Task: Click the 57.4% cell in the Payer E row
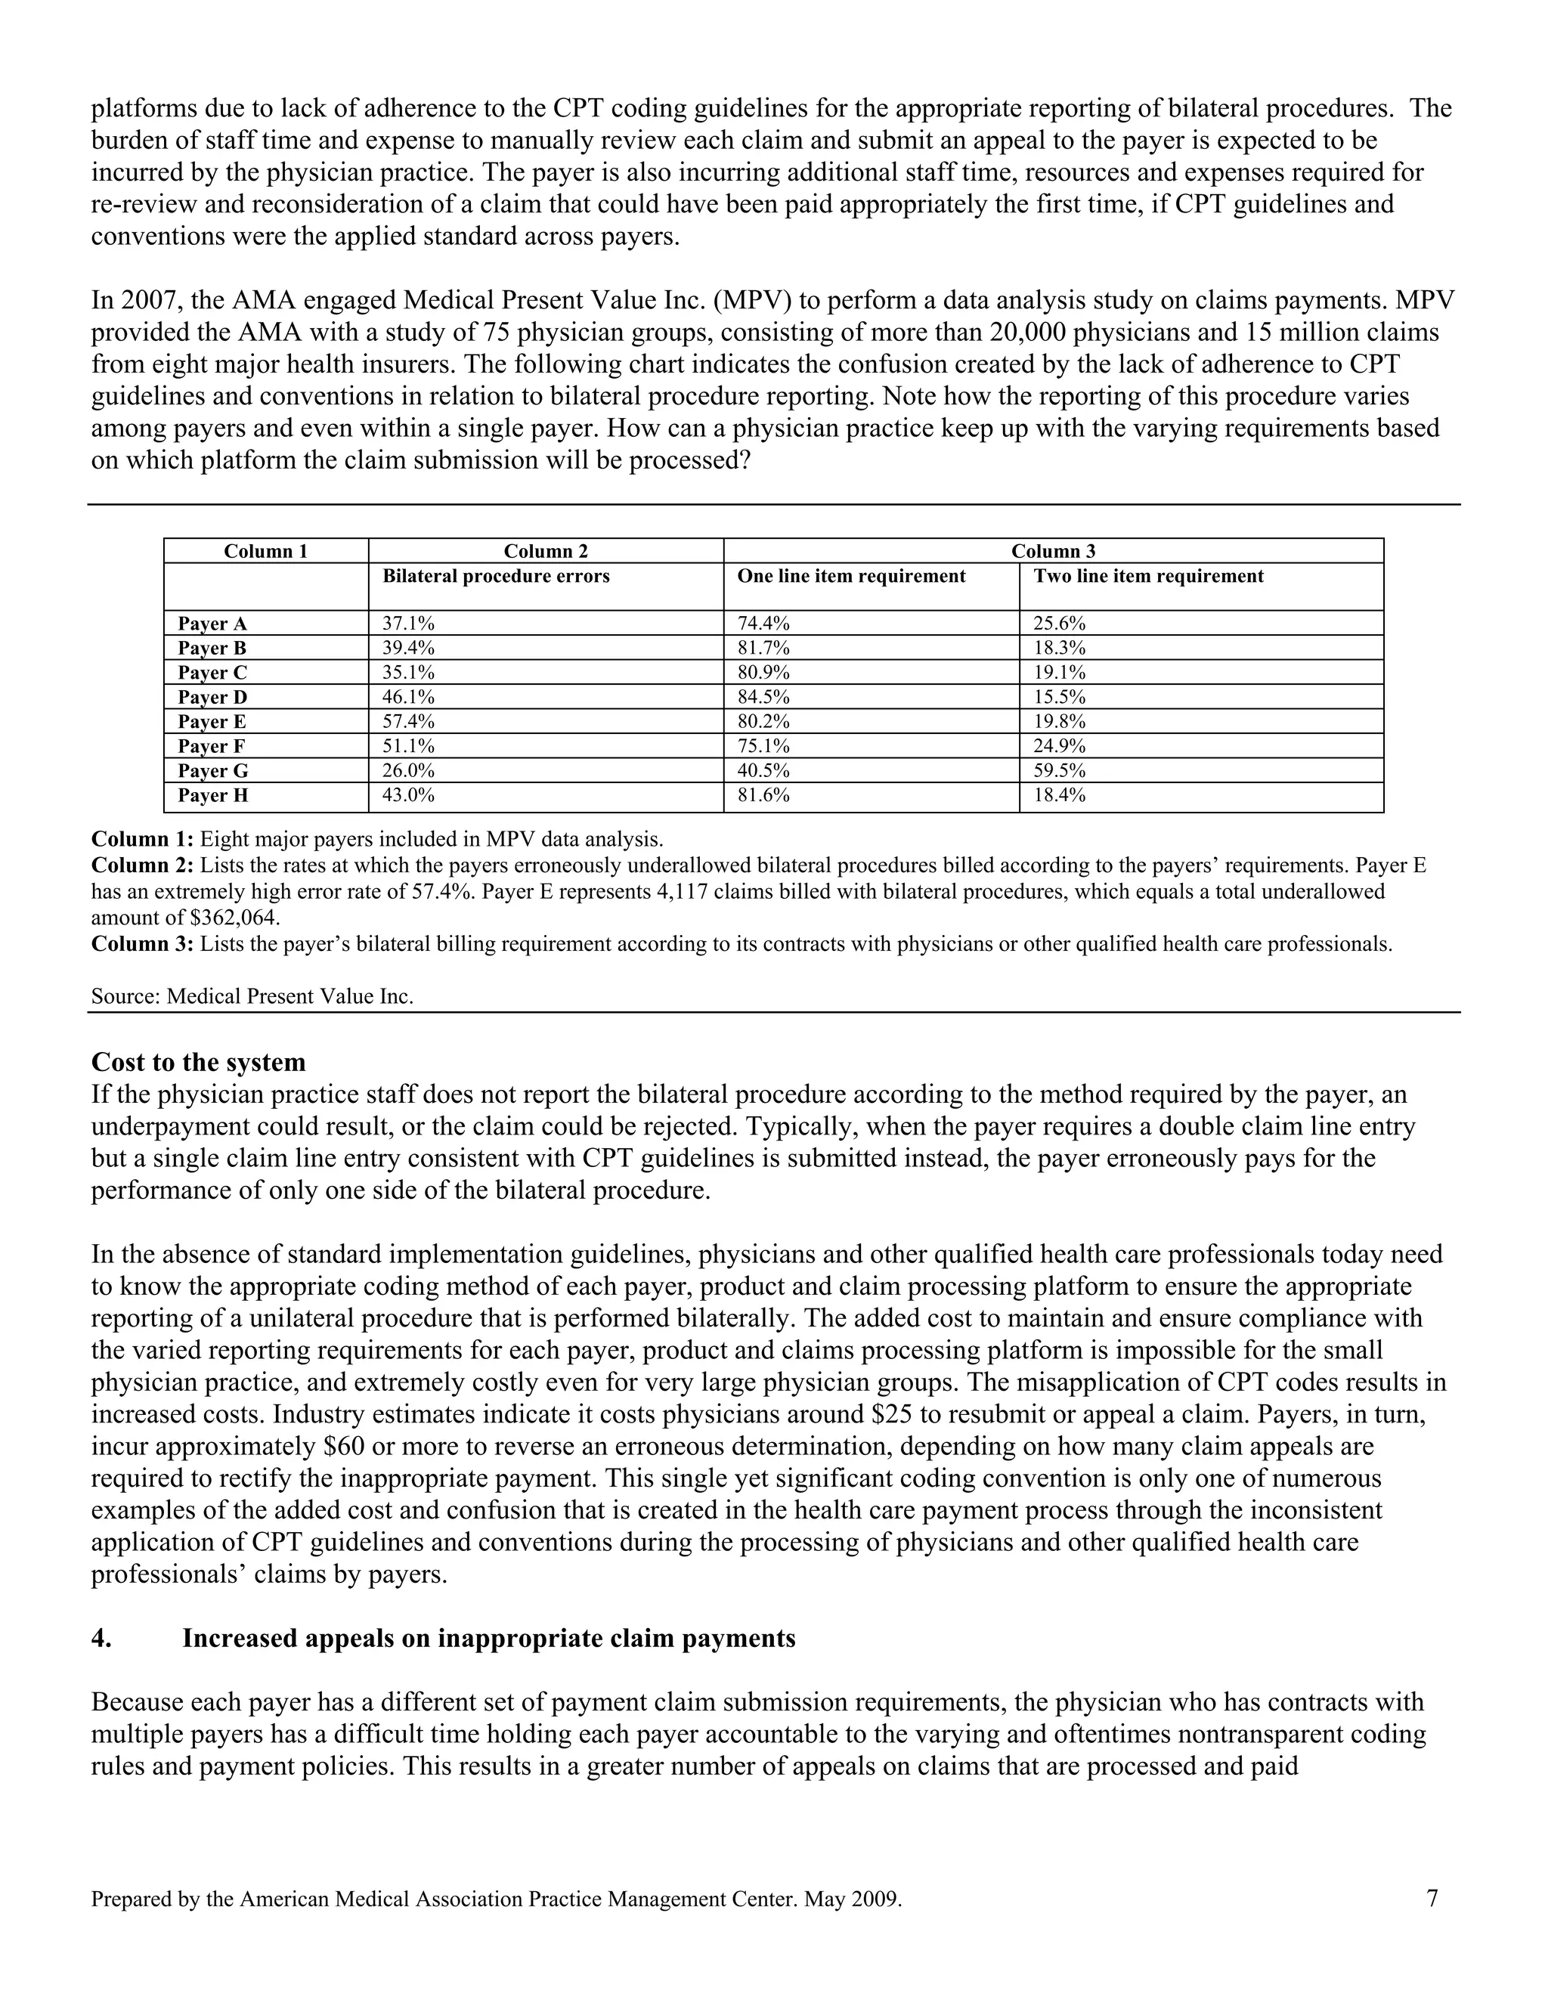click(408, 721)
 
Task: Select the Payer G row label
click(212, 770)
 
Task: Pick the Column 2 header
click(546, 551)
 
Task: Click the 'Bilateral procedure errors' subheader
click(496, 576)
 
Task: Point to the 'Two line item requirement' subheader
click(1148, 576)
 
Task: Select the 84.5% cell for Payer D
click(763, 697)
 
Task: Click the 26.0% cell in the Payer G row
click(408, 770)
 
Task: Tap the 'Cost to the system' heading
click(198, 1062)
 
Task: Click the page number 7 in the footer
click(1432, 1897)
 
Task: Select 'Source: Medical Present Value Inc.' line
click(252, 996)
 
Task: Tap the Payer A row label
click(212, 624)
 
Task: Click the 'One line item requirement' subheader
click(851, 576)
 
